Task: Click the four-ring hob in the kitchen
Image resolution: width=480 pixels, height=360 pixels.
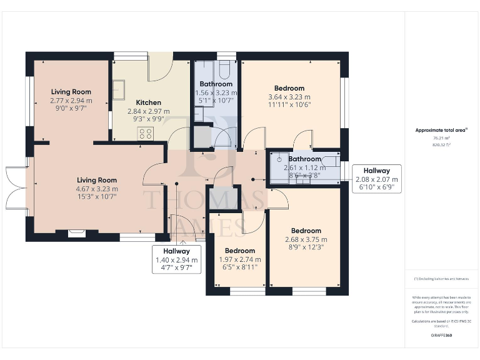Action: [x=146, y=133]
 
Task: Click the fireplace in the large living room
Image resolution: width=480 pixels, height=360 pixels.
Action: [x=76, y=234]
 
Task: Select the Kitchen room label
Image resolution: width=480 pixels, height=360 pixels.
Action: [x=148, y=102]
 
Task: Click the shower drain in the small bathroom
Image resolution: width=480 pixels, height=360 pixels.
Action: [x=280, y=159]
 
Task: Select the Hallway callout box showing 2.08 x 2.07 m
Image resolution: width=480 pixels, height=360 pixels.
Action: [x=376, y=179]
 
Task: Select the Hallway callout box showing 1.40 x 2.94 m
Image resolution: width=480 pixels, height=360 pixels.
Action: [x=176, y=259]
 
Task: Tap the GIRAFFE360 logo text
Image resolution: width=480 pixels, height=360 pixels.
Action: [x=441, y=336]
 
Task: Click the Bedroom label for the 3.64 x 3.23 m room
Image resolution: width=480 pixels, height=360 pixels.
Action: [x=289, y=88]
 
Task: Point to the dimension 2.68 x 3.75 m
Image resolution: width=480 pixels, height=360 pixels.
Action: [x=306, y=239]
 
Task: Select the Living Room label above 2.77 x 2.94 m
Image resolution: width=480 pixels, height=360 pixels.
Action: [x=71, y=92]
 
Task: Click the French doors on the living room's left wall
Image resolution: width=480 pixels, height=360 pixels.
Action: [x=15, y=188]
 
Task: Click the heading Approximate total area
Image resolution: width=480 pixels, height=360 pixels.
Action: [x=441, y=130]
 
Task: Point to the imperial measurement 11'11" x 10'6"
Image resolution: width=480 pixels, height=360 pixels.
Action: [x=289, y=105]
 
